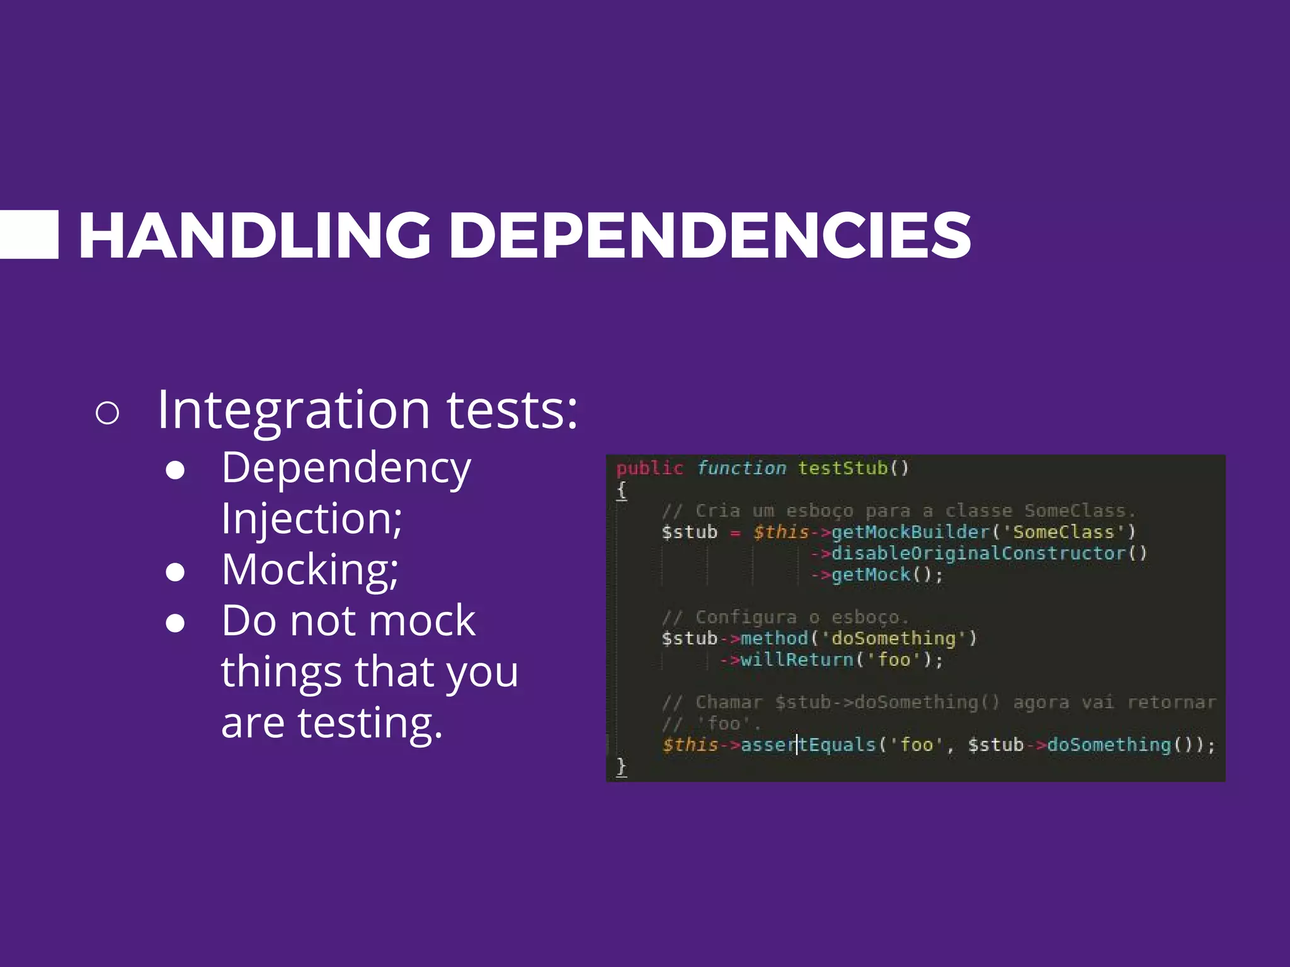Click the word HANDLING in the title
click(254, 235)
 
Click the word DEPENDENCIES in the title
click(710, 235)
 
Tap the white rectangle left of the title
click(28, 235)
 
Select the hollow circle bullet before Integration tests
click(107, 413)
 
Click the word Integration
click(294, 410)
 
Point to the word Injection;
click(312, 519)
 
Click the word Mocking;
click(310, 570)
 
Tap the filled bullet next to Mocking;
click(175, 572)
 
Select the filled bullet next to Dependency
click(175, 470)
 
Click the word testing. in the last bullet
click(370, 723)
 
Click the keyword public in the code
click(649, 468)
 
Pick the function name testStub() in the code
click(853, 468)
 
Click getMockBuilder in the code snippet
click(911, 533)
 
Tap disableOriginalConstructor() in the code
click(989, 554)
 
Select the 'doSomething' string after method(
click(894, 639)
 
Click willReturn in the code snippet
click(797, 660)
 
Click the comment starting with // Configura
click(785, 618)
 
